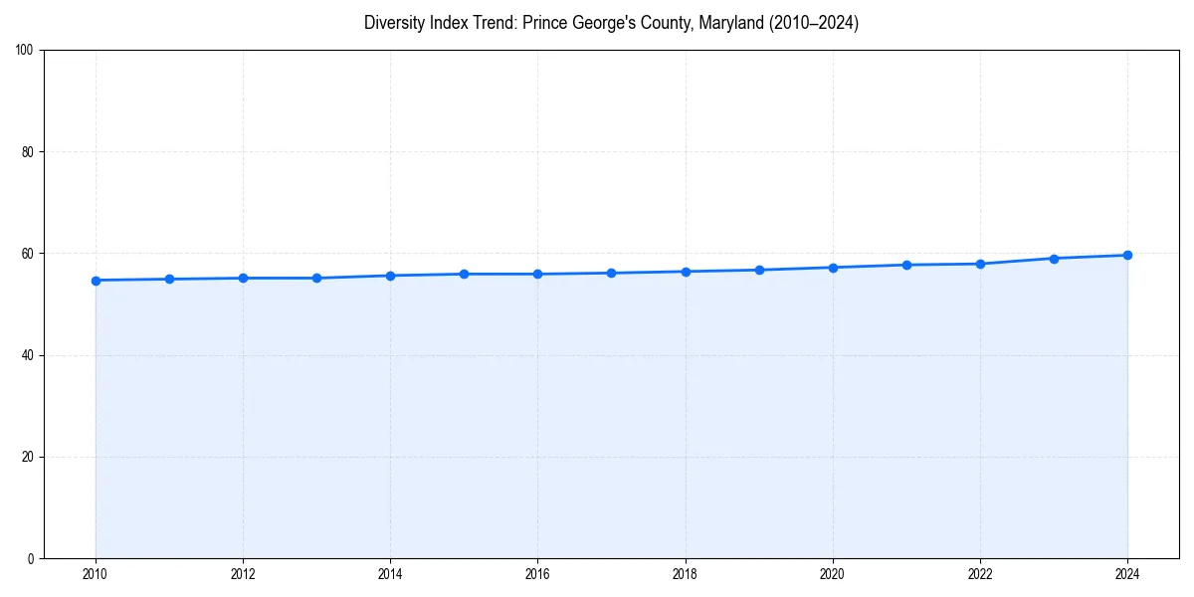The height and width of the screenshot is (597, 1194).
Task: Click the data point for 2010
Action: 96,281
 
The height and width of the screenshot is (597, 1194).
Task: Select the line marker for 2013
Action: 316,278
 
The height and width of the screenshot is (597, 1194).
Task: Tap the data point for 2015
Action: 464,274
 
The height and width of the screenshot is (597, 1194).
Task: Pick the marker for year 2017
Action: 611,273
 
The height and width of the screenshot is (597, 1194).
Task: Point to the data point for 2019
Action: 759,270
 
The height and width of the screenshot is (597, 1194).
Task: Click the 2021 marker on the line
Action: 906,265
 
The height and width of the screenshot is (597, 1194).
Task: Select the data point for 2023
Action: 1054,259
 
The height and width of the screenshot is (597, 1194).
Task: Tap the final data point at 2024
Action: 1127,255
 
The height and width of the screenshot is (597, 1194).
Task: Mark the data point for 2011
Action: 169,279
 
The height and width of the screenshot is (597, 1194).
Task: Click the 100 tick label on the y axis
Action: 25,51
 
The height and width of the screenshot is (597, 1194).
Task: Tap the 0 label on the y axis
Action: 31,558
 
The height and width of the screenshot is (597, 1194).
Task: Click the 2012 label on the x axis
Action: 243,574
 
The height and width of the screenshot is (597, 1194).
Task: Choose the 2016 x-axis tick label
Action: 537,574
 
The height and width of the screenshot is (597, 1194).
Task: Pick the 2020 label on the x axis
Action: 833,574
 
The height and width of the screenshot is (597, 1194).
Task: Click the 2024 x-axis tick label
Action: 1127,574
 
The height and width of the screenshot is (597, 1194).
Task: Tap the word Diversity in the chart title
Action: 395,23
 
